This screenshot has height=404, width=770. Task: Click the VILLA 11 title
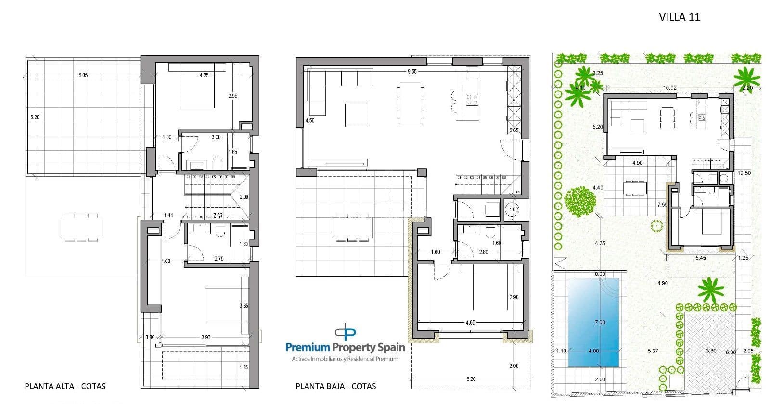click(679, 17)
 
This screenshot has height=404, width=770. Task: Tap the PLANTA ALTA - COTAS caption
click(65, 386)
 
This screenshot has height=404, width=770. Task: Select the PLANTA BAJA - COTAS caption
click(335, 386)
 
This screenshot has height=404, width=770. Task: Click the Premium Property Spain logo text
click(345, 347)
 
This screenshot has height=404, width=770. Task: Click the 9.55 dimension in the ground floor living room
click(411, 71)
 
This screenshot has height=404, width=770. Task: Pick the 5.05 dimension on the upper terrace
click(83, 75)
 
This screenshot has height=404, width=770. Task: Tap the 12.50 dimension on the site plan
click(744, 173)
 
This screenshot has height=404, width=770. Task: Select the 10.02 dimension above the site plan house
click(669, 88)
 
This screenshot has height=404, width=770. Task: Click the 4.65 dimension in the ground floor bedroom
click(470, 323)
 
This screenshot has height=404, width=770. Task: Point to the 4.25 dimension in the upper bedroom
click(204, 75)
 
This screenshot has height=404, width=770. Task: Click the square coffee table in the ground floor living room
click(357, 115)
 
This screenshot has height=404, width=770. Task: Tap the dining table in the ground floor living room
click(411, 102)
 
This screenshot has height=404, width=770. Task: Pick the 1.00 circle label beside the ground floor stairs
click(514, 209)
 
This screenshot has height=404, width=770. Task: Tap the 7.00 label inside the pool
click(600, 322)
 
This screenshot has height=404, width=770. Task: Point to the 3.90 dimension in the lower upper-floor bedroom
click(205, 337)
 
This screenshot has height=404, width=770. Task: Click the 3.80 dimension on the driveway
click(711, 351)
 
